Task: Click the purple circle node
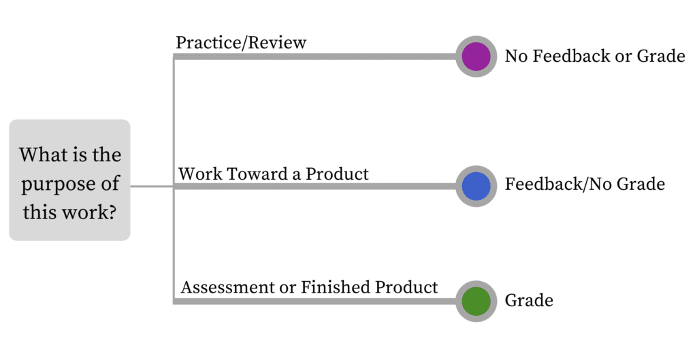pos(476,56)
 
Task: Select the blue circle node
pos(476,186)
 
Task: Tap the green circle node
pos(476,301)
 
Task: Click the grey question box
pos(70,180)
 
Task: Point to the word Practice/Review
pos(241,43)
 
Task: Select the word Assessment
pos(227,287)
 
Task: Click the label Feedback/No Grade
pos(585,184)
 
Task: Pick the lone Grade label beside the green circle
pos(529,300)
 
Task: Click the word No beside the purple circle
pos(517,56)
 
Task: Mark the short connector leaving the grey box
pos(152,186)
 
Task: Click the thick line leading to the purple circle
pos(314,56)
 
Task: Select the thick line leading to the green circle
pos(314,301)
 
